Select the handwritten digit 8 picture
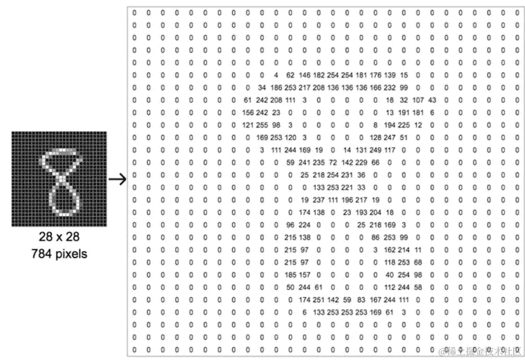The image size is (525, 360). click(x=59, y=179)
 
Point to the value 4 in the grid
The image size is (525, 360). click(x=276, y=75)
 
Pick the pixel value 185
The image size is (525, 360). click(x=290, y=274)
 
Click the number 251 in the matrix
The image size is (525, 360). click(x=319, y=299)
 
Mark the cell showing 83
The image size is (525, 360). click(x=361, y=299)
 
